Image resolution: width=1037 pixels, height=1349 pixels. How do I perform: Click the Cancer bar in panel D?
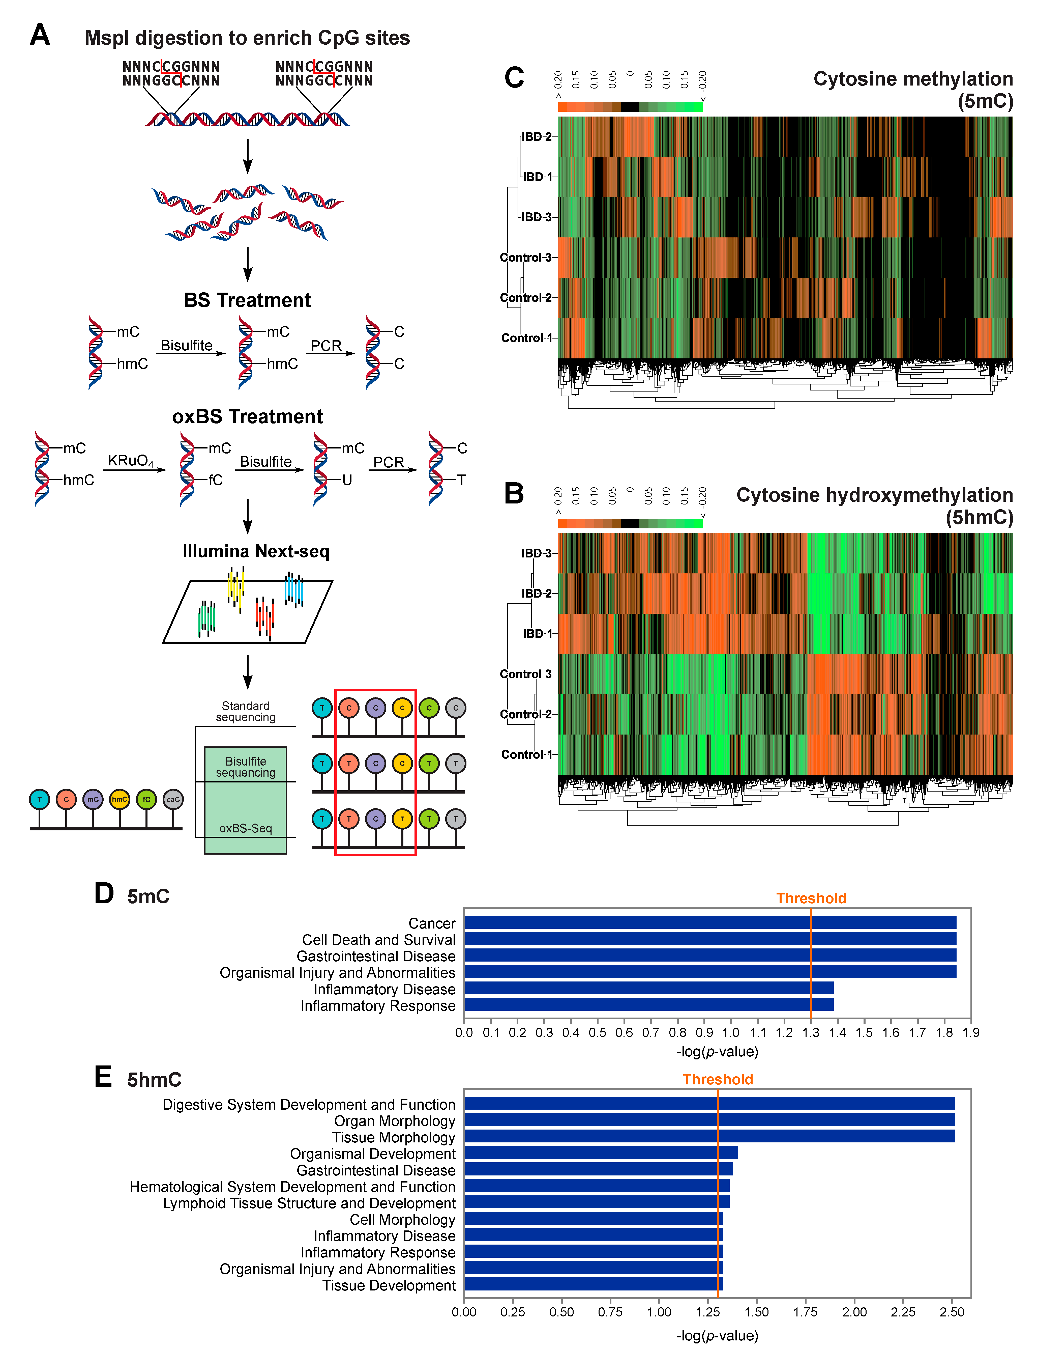(710, 922)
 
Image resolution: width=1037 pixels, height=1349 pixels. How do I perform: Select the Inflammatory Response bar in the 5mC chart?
(648, 1004)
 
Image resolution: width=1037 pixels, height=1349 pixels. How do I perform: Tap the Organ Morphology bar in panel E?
(710, 1120)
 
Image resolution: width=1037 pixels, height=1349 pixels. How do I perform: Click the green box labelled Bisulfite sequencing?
(246, 766)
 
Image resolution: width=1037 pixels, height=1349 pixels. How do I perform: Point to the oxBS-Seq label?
(246, 828)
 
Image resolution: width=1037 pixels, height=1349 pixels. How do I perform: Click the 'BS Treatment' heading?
(247, 300)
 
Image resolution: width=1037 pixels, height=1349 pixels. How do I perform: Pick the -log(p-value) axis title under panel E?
(717, 1335)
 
